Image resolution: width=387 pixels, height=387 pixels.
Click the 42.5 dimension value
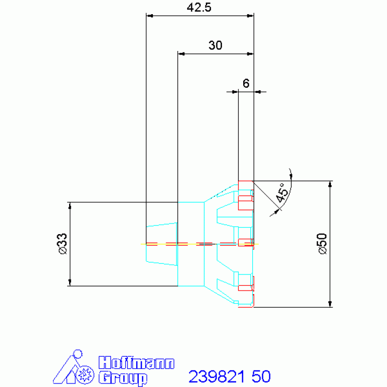click(x=199, y=8)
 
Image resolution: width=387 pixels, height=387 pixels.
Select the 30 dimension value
click(x=215, y=45)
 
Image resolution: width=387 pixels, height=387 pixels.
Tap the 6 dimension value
click(x=246, y=83)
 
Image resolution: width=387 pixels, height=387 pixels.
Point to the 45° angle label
click(x=282, y=193)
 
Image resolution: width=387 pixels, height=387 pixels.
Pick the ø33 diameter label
click(x=63, y=244)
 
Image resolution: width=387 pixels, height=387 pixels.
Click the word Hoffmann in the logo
click(x=137, y=363)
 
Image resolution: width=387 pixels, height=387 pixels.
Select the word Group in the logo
click(x=123, y=377)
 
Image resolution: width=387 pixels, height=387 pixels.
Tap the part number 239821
click(x=217, y=376)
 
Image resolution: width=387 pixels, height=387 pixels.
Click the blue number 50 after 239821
click(x=261, y=376)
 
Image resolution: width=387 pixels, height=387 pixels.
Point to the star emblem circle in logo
click(x=85, y=375)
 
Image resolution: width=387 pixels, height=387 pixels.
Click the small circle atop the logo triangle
click(x=78, y=354)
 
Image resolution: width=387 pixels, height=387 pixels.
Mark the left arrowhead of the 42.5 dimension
click(x=149, y=16)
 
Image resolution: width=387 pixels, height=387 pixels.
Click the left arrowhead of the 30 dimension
click(x=181, y=54)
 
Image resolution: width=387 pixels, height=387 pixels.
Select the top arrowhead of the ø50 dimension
click(x=330, y=184)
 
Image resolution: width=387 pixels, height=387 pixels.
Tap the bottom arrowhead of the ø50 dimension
click(x=330, y=304)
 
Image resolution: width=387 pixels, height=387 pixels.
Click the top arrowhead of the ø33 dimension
click(x=70, y=205)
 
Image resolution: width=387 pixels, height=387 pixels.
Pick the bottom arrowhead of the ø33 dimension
click(x=70, y=283)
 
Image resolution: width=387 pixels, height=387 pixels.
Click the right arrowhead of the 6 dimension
click(x=257, y=92)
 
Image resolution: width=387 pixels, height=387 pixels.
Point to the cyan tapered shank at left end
click(x=161, y=244)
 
